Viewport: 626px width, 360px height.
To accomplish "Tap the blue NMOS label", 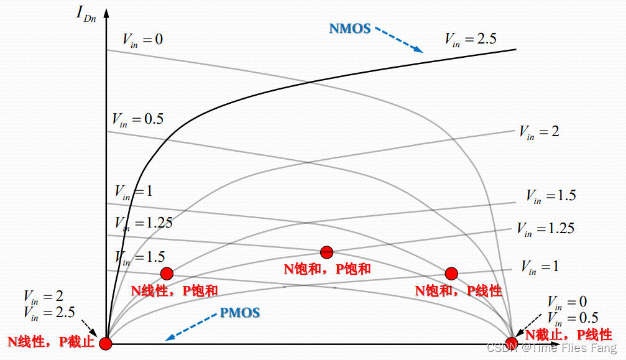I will click(350, 28).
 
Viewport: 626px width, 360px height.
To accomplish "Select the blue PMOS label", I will click(239, 312).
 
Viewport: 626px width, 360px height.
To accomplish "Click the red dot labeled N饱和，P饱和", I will click(327, 252).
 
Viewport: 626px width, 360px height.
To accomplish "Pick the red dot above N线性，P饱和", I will click(167, 274).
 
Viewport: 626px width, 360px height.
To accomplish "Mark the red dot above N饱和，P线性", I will click(451, 274).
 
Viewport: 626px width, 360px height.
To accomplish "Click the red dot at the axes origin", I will click(106, 343).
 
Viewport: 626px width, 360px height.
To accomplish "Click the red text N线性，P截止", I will click(51, 341).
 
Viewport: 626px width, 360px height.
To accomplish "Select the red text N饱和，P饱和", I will click(327, 269).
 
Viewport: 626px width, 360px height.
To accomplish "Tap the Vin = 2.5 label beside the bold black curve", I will click(470, 39).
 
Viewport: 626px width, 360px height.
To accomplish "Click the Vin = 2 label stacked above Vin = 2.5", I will click(43, 296).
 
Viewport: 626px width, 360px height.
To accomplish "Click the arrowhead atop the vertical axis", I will click(106, 12).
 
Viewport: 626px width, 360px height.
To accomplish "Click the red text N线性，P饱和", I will click(174, 290).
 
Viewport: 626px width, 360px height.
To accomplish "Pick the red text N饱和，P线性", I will click(459, 290).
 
